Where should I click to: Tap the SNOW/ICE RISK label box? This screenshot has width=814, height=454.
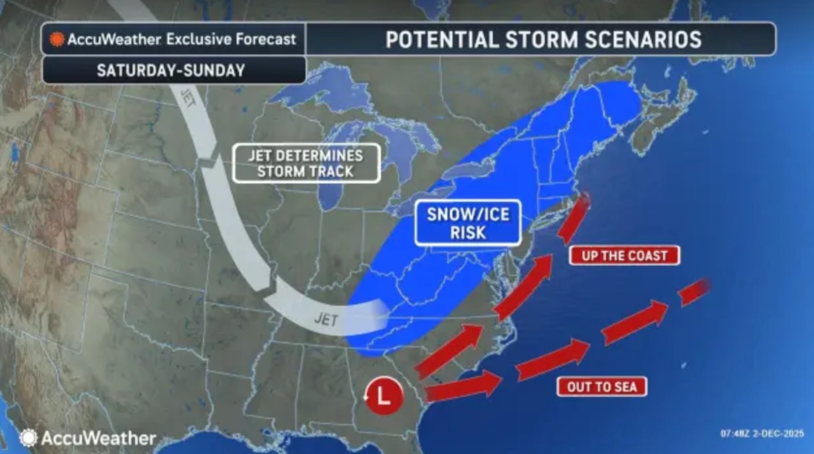click(467, 223)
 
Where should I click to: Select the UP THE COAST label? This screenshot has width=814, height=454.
click(624, 256)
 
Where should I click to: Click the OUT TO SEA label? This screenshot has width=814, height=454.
click(601, 386)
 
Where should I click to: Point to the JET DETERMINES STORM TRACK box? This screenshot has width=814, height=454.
click(306, 163)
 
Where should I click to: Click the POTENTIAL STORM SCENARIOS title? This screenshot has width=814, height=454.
click(543, 39)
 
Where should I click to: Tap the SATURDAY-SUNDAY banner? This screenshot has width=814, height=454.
click(170, 70)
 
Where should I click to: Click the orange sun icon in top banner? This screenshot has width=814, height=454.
click(57, 39)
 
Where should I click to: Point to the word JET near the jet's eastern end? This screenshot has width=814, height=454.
click(326, 319)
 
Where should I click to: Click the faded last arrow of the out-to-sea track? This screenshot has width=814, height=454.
click(694, 291)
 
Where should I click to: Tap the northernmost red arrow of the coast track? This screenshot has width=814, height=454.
click(574, 217)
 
